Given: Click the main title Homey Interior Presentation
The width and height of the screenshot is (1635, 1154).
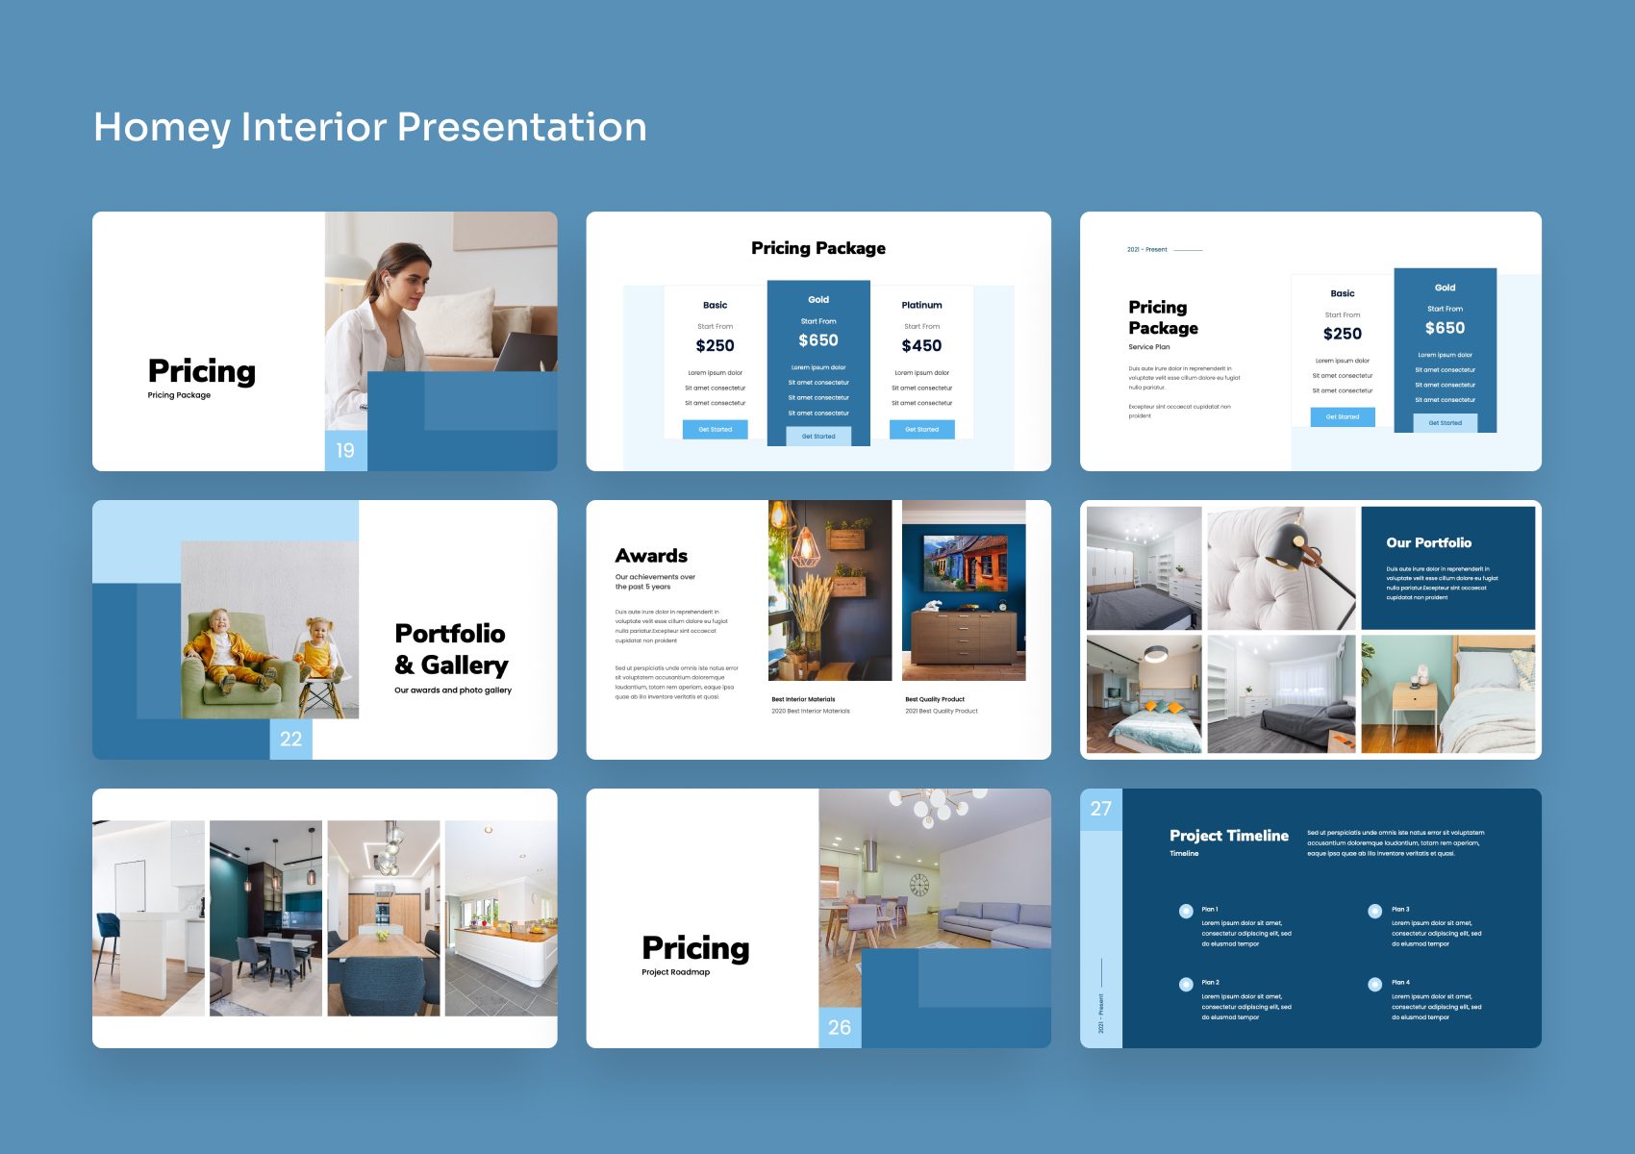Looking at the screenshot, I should click(370, 127).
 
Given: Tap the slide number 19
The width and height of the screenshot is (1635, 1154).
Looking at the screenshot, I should click(345, 450).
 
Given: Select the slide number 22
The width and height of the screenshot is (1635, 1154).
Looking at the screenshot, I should click(290, 739).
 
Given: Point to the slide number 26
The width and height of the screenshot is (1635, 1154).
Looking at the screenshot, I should click(840, 1027).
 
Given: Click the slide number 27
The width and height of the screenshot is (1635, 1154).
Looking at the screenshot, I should click(1101, 809).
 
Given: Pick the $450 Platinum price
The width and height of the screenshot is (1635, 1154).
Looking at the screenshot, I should click(921, 345).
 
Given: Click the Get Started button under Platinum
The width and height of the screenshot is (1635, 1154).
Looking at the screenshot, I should click(921, 430).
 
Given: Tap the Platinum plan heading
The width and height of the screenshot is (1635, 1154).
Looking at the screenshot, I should click(921, 305).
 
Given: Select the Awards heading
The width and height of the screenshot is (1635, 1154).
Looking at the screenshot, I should click(651, 556).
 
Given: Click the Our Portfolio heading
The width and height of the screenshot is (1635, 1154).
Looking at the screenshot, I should click(1428, 542).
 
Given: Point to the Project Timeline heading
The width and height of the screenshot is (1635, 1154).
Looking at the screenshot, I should click(1228, 836).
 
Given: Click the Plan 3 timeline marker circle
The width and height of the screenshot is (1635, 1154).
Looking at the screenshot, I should click(1375, 911).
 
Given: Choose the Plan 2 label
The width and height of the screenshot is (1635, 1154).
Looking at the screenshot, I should click(1210, 983).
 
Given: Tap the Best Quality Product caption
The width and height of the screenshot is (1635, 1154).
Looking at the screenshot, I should click(935, 699).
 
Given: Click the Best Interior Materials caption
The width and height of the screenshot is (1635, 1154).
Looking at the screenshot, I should click(803, 699).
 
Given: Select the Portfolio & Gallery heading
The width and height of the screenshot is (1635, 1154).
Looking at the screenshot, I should click(451, 649).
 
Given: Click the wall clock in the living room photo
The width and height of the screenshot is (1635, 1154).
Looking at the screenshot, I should click(919, 884).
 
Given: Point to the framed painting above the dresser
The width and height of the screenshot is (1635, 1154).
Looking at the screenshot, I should click(964, 564).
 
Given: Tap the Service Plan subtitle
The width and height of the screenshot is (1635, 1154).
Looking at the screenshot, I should click(1149, 347).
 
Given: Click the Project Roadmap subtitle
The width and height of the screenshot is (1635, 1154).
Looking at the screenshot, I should click(676, 972).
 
